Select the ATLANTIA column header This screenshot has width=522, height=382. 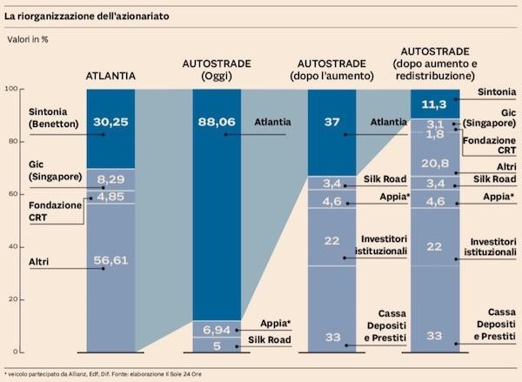(x=110, y=76)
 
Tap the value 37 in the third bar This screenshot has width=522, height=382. (x=331, y=123)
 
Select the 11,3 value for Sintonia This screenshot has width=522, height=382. (x=434, y=102)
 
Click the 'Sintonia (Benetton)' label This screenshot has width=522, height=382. (x=30, y=117)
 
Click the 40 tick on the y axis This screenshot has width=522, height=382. (x=11, y=247)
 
